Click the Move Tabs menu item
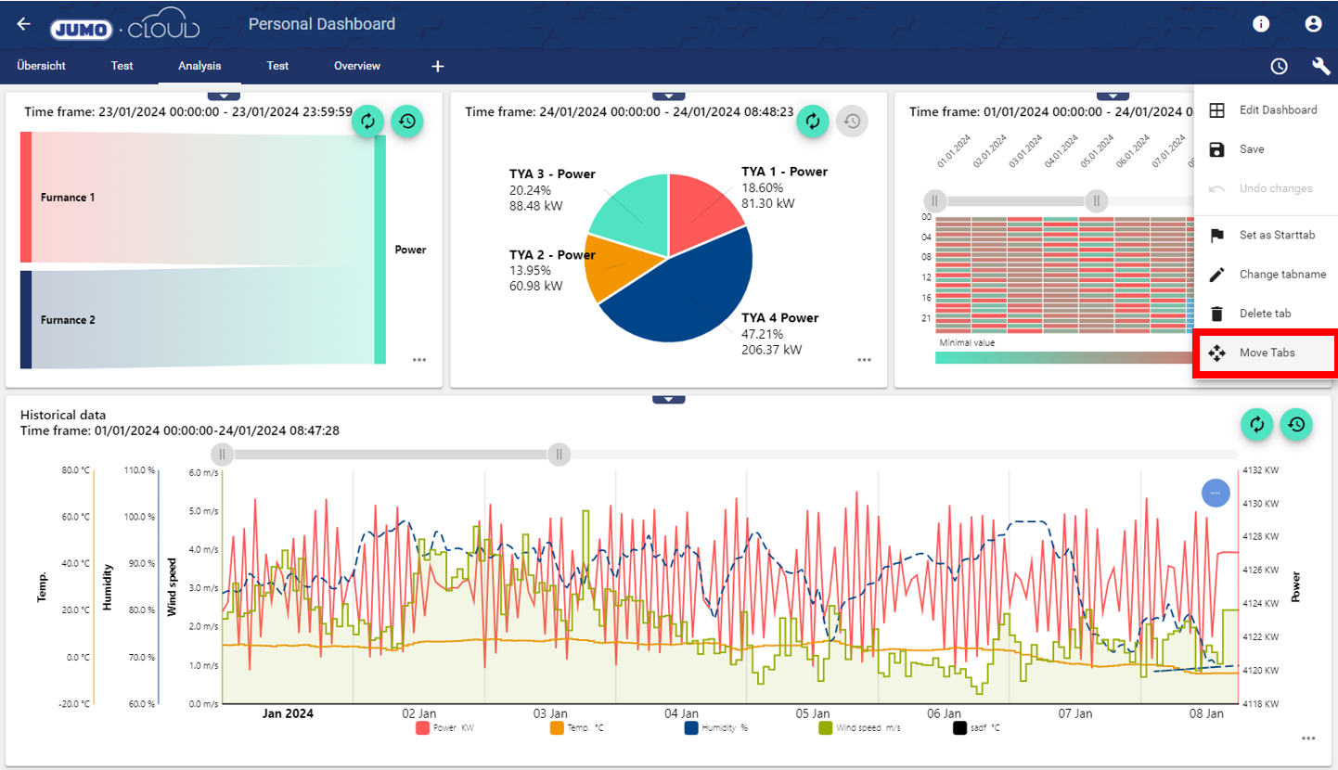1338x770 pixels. coord(1266,353)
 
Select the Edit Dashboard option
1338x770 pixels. coord(1277,110)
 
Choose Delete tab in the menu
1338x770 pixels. coord(1264,314)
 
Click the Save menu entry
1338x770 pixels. coord(1251,149)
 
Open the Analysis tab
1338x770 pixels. coord(199,66)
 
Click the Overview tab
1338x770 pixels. coord(357,66)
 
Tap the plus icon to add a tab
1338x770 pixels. coord(438,67)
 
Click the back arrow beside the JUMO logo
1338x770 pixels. coord(24,24)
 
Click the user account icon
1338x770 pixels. coord(1313,24)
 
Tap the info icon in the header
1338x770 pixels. coord(1261,24)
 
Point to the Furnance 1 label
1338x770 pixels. coord(68,198)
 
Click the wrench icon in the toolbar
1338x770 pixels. coord(1321,66)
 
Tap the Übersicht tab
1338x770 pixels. coord(41,66)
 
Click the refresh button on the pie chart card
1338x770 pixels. coord(813,121)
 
